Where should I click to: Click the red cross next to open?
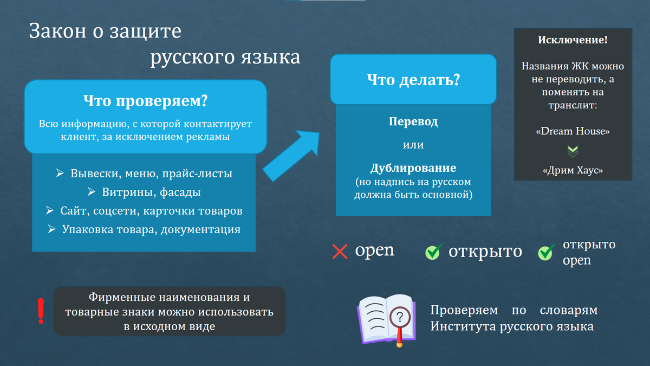(x=340, y=251)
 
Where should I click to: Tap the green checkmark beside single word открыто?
(x=433, y=252)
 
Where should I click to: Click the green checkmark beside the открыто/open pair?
(x=546, y=253)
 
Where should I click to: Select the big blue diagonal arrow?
(x=291, y=156)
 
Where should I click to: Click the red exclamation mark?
(x=41, y=311)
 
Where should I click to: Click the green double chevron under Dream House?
(x=573, y=151)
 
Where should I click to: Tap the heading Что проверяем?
(x=145, y=101)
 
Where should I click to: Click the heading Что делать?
(x=413, y=80)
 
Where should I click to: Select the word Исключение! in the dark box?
(x=573, y=40)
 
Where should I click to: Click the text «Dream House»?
(x=573, y=131)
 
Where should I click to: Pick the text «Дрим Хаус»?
(x=573, y=170)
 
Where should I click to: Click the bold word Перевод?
(x=413, y=121)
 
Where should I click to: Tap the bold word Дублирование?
(x=413, y=168)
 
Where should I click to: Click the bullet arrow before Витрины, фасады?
(x=92, y=192)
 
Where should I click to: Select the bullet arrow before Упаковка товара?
(x=51, y=229)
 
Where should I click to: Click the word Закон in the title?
(x=57, y=31)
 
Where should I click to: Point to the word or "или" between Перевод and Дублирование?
(x=413, y=145)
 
